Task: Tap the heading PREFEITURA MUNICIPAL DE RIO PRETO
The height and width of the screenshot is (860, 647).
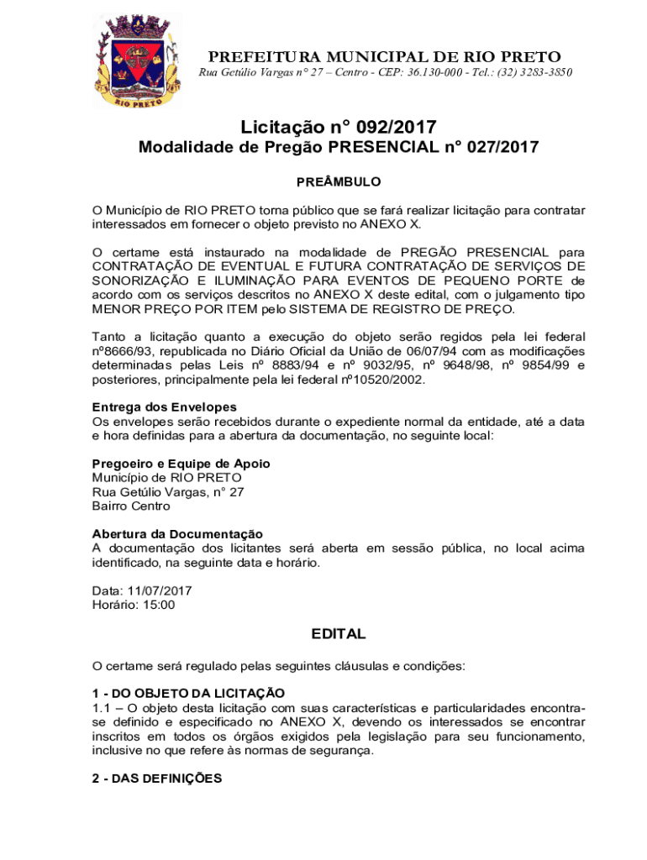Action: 385,57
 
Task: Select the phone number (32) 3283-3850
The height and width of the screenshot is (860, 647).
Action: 526,73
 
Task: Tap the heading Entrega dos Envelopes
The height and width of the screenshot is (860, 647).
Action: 153,407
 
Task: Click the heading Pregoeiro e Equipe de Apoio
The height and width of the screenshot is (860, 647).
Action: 181,464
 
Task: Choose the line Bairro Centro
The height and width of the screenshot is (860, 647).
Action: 131,506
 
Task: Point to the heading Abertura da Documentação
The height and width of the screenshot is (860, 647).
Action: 177,534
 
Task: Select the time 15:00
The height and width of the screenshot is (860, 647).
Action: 156,605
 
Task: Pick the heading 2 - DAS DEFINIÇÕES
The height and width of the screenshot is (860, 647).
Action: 157,779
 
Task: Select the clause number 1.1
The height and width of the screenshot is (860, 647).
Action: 102,708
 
